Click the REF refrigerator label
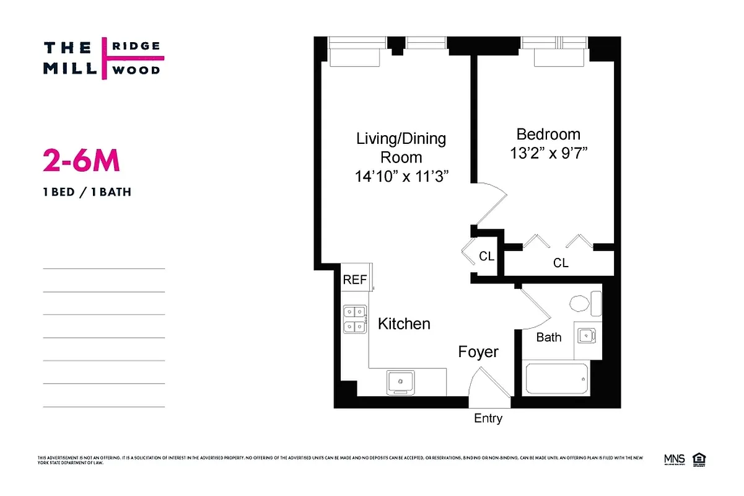pos(355,280)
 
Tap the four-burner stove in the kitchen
pos(355,319)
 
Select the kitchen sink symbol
pos(401,383)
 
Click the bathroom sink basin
pos(586,336)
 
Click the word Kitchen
pos(404,324)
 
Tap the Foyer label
pos(478,352)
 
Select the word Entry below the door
pos(488,418)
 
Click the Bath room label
pos(549,337)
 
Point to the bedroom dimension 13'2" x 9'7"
pos(548,153)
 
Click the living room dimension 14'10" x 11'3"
pos(401,177)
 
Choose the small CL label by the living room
pos(487,255)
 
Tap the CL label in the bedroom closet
pos(561,263)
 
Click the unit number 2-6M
pos(81,161)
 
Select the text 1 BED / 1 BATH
pos(87,192)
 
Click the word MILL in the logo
pos(70,68)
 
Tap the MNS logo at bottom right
pos(674,459)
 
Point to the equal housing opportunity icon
pos(701,459)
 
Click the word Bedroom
pos(548,135)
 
